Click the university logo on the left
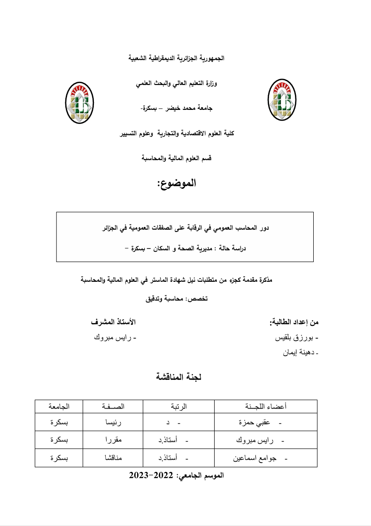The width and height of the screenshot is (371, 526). pos(79,103)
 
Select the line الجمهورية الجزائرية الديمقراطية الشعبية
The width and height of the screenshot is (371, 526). pos(177,58)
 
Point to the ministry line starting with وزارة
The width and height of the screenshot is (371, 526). pos(180,83)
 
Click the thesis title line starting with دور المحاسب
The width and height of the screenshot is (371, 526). pos(185,229)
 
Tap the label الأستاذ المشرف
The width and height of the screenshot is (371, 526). pos(113,322)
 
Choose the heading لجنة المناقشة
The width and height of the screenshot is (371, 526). pos(178,377)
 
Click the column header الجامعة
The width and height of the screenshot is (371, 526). pos(59,406)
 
